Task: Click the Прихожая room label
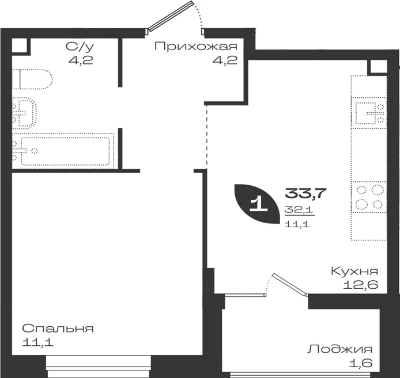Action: click(x=196, y=47)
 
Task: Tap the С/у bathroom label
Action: click(x=80, y=47)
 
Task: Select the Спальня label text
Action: click(x=58, y=329)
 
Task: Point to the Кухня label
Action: click(x=354, y=271)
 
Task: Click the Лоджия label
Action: click(x=340, y=349)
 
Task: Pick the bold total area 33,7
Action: click(x=305, y=193)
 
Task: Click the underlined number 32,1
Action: click(x=299, y=210)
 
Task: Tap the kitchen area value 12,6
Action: click(x=360, y=285)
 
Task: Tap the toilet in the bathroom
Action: click(x=32, y=79)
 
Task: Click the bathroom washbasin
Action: click(x=24, y=113)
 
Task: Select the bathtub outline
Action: click(x=63, y=151)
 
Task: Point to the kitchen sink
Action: click(x=369, y=113)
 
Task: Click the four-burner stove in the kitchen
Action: click(x=369, y=197)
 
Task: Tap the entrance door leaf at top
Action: click(x=169, y=16)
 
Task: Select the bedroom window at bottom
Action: click(x=99, y=366)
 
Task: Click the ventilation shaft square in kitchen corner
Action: click(x=378, y=67)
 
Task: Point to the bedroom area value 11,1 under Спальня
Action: click(x=38, y=342)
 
